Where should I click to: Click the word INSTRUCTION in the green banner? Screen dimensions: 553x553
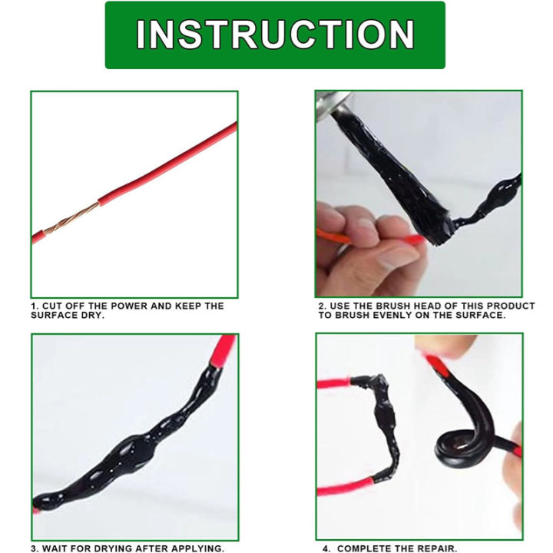[275, 35]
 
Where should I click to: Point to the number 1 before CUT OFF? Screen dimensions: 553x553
[33, 306]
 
